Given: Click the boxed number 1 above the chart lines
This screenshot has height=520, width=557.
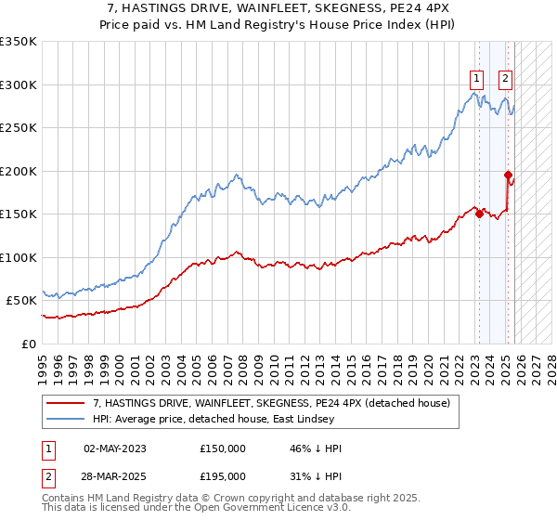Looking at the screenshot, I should pyautogui.click(x=476, y=79).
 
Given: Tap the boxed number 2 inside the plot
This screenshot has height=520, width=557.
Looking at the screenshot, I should pyautogui.click(x=506, y=79).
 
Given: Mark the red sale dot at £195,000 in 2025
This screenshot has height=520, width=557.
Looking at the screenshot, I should pyautogui.click(x=508, y=175).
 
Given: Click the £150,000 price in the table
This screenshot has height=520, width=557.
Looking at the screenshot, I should pyautogui.click(x=223, y=448).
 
